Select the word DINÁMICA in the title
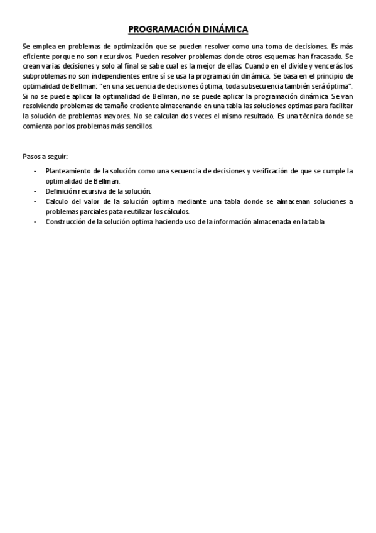pyautogui.click(x=223, y=29)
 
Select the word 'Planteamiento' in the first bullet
pyautogui.click(x=68, y=170)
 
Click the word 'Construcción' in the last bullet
pyautogui.click(x=67, y=221)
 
